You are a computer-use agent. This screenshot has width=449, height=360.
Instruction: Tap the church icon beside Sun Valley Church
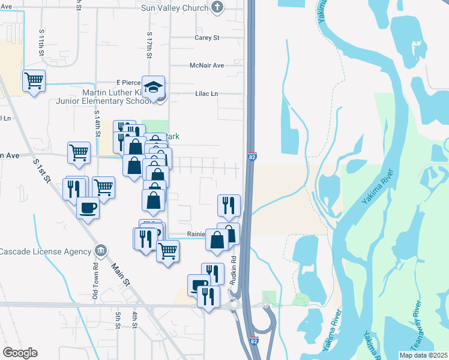(217, 7)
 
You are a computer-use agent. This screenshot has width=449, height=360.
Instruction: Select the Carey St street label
(208, 37)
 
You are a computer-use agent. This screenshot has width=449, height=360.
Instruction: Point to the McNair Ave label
(206, 65)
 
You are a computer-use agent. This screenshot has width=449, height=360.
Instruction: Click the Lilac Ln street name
(206, 94)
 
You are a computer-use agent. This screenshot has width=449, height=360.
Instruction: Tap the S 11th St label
(41, 41)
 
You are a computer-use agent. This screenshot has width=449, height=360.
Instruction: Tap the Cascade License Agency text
(46, 250)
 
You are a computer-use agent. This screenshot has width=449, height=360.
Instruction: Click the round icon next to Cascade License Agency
(101, 250)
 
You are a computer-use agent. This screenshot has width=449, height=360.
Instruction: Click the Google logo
(20, 353)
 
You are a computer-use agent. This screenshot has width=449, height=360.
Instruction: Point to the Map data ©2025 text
(423, 355)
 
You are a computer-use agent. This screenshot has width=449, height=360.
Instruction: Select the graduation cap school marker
(154, 86)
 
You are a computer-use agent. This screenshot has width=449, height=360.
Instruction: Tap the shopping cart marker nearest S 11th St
(34, 80)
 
